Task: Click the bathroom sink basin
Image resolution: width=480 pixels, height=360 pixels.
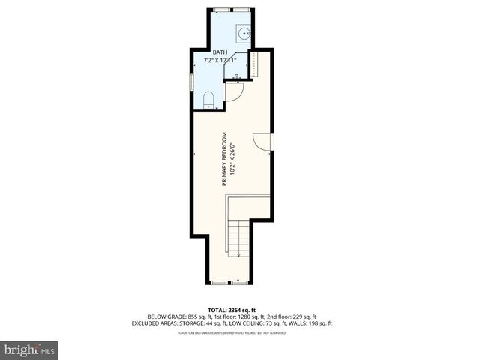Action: pyautogui.click(x=244, y=33)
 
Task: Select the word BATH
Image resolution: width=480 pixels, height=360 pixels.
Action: pyautogui.click(x=220, y=52)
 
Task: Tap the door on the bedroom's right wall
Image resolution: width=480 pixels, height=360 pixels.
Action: pyautogui.click(x=264, y=142)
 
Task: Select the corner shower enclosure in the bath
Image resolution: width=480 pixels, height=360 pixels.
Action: pyautogui.click(x=238, y=67)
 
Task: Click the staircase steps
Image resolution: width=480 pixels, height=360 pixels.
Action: pyautogui.click(x=238, y=237)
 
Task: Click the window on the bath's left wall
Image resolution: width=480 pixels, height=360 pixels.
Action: pyautogui.click(x=192, y=79)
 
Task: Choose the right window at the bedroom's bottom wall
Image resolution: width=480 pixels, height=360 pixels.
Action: pyautogui.click(x=238, y=283)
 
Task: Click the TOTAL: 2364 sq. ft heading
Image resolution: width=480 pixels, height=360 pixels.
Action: pyautogui.click(x=239, y=310)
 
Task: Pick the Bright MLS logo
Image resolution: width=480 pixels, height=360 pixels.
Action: pyautogui.click(x=30, y=349)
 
